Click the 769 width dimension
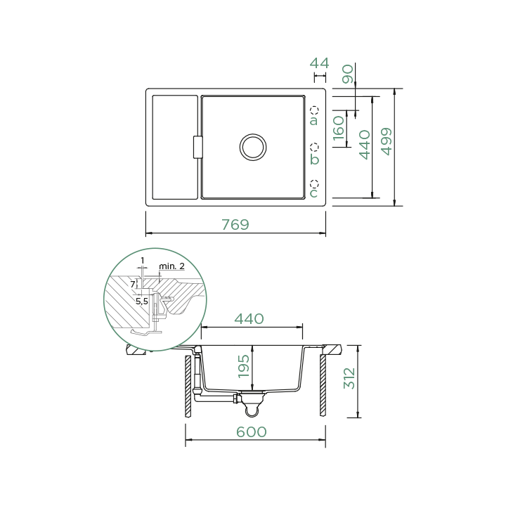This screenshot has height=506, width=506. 235,225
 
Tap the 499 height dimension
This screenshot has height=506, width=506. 387,141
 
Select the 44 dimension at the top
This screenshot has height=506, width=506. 320,63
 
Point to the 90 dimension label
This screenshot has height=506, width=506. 348,74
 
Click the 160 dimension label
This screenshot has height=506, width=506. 339,128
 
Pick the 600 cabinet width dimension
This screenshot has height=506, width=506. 252,432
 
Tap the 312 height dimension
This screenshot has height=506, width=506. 349,379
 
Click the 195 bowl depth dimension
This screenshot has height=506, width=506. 244,366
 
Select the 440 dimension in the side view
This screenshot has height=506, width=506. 249,319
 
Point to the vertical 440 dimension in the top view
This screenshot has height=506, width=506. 365,145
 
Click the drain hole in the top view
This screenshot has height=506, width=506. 253,147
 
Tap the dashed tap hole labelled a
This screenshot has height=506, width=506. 314,110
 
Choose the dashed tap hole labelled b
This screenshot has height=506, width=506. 314,147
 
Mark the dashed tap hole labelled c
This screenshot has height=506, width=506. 314,184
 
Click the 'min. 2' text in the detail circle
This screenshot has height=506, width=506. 171,266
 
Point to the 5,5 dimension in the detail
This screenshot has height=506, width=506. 142,301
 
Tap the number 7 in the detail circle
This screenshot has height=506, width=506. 132,285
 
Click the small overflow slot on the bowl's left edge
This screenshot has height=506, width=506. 197,147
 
